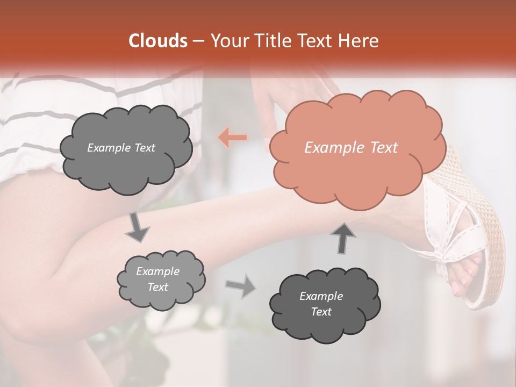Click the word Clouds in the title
point(157,41)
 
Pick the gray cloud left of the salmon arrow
point(125,148)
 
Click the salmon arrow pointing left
point(233,138)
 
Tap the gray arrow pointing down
point(137,227)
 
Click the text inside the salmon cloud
point(351,148)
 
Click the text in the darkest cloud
point(321,304)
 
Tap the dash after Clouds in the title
point(198,41)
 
